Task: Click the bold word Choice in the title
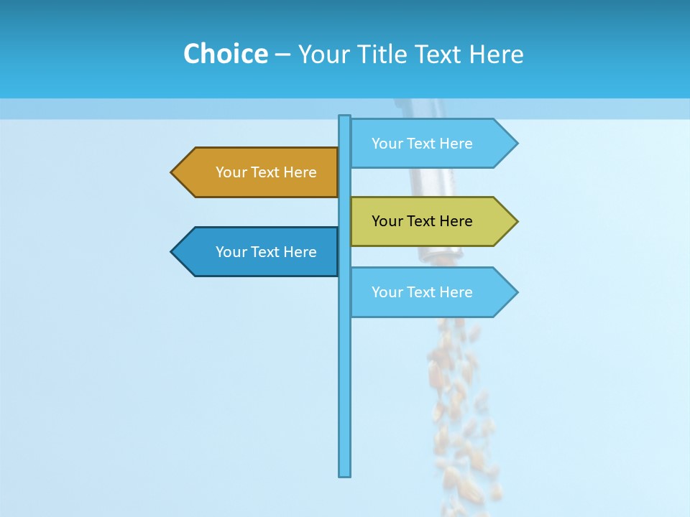pyautogui.click(x=225, y=54)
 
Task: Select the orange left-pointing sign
pyautogui.click(x=255, y=172)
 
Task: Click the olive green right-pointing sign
pyautogui.click(x=431, y=221)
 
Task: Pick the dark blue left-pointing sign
pyautogui.click(x=255, y=252)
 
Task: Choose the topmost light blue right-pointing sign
pyautogui.click(x=431, y=144)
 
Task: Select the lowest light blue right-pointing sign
pyautogui.click(x=431, y=292)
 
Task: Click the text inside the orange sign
pyautogui.click(x=266, y=172)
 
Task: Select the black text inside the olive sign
pyautogui.click(x=422, y=221)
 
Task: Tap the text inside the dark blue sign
pyautogui.click(x=266, y=252)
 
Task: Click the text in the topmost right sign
pyautogui.click(x=422, y=144)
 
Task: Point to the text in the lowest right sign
pyautogui.click(x=422, y=292)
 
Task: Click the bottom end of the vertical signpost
pyautogui.click(x=345, y=473)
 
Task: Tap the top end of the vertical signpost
pyautogui.click(x=345, y=118)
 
